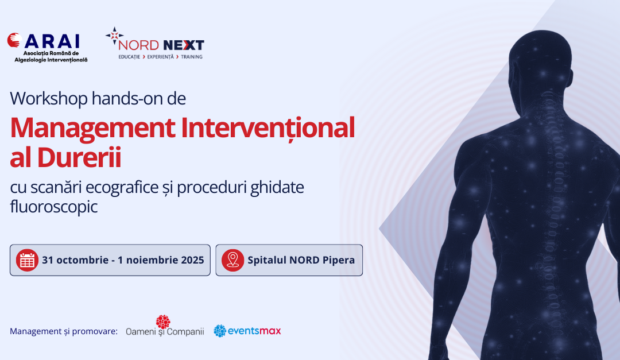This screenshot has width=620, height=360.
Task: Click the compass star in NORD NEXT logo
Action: (114, 36)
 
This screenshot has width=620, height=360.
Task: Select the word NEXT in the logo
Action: (184, 45)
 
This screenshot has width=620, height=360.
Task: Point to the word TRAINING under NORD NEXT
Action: (192, 57)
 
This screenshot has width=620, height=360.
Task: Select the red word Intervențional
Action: (268, 128)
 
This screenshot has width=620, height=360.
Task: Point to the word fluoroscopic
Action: (54, 207)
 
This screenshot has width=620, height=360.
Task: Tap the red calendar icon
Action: (28, 260)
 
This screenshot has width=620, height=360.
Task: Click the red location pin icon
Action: (232, 260)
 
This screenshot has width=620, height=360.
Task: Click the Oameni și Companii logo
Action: (165, 326)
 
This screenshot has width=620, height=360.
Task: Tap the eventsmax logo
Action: (247, 331)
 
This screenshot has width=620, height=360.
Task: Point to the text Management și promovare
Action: (64, 331)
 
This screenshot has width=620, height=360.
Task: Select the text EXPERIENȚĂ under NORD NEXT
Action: (161, 57)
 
